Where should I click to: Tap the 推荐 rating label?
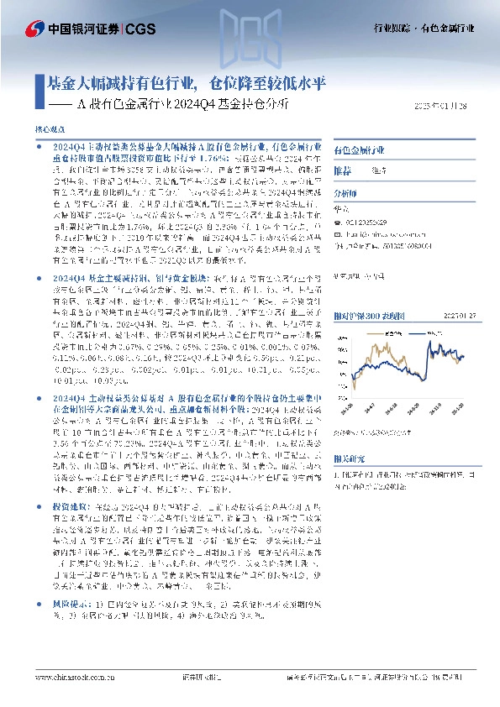[344, 170]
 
